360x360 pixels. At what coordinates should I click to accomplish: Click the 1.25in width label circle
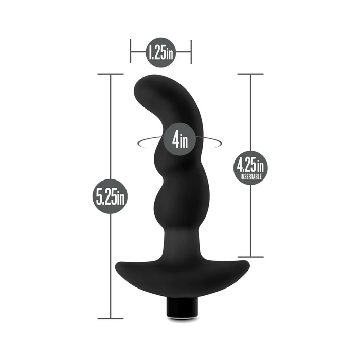click(x=161, y=52)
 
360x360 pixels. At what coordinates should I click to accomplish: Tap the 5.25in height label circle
click(x=111, y=196)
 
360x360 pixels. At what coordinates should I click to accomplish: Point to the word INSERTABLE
click(x=251, y=176)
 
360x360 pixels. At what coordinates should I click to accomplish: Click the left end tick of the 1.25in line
click(x=131, y=52)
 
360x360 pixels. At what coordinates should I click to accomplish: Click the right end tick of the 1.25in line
click(x=191, y=52)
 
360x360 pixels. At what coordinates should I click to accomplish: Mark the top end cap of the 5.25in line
click(x=111, y=74)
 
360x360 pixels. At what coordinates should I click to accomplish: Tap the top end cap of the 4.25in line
click(x=250, y=74)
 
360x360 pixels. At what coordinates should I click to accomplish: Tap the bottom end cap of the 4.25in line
click(x=250, y=257)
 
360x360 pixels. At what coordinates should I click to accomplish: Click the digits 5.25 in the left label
click(x=106, y=196)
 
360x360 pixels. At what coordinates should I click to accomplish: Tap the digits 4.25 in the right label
click(x=247, y=166)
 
